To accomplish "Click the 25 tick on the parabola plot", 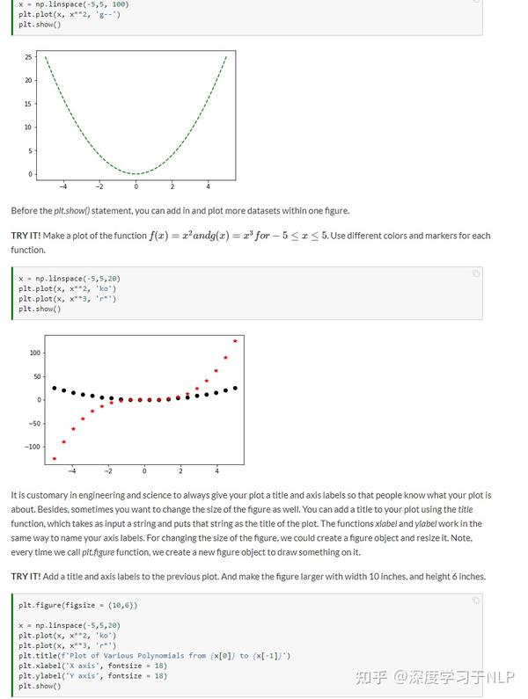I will (29, 57).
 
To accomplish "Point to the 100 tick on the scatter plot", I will (35, 353).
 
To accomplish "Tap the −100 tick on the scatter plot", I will (33, 447).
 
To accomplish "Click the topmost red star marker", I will (235, 341).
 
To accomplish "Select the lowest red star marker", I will (55, 458).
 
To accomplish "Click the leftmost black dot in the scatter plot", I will (55, 388).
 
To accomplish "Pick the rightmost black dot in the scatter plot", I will (235, 388).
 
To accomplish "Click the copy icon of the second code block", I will (476, 273).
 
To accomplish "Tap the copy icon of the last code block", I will (476, 601).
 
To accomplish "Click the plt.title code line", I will (154, 656).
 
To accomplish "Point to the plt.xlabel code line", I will (92, 666).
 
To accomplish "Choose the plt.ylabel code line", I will (92, 676).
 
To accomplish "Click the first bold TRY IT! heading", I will (26, 236).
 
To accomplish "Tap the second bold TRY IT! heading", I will (26, 576).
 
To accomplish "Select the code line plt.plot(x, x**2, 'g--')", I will (70, 14).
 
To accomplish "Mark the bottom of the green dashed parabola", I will (136, 174).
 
